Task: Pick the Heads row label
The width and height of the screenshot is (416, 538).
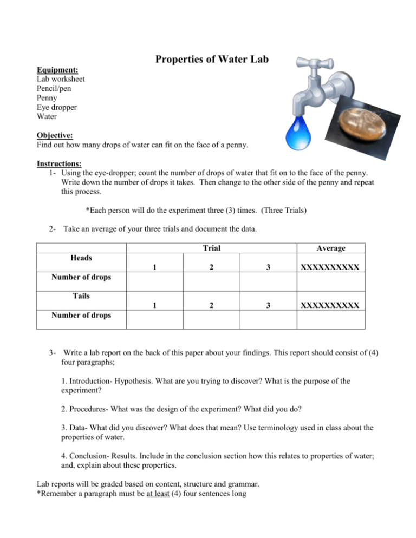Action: click(x=81, y=258)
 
